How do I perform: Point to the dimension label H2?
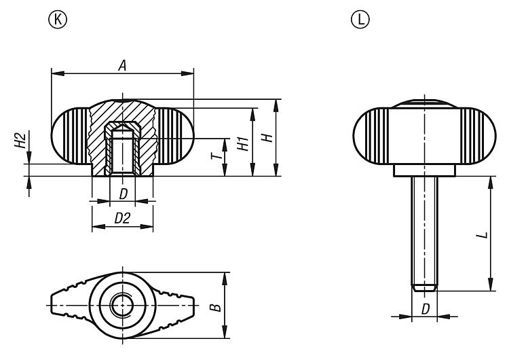click(21, 141)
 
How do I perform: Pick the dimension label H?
click(269, 137)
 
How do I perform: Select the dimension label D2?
click(122, 219)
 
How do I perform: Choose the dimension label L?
click(480, 234)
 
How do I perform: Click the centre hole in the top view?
click(123, 306)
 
